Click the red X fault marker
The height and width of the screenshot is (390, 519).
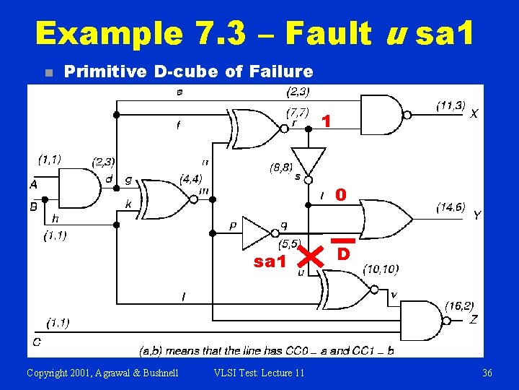pos(311,255)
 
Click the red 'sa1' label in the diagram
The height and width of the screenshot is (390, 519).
pos(270,261)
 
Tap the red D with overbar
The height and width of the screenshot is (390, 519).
pos(344,251)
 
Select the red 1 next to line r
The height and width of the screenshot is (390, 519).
pos(327,122)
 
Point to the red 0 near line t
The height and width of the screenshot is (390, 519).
pos(341,194)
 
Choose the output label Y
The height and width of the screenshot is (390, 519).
pos(476,215)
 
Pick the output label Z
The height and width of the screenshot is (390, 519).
pos(474,318)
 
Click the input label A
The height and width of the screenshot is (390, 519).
pos(34,184)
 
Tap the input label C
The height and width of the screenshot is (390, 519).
pos(36,341)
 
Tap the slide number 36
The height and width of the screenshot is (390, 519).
pos(487,373)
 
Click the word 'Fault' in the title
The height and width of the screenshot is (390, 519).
pos(327,33)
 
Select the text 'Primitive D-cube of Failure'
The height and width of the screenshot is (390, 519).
pos(188,71)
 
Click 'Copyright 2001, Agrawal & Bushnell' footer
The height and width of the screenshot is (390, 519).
pos(103,373)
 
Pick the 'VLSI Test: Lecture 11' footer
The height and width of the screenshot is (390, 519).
pos(259,373)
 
